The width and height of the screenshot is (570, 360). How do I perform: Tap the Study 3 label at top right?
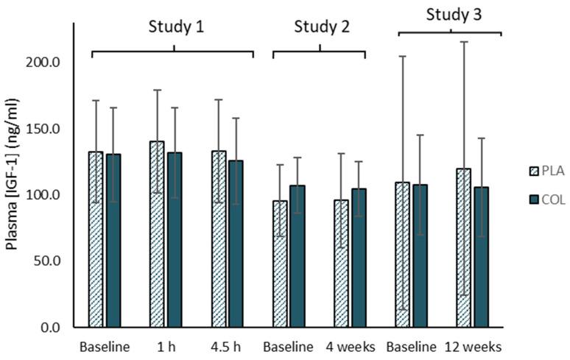click(x=451, y=14)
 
